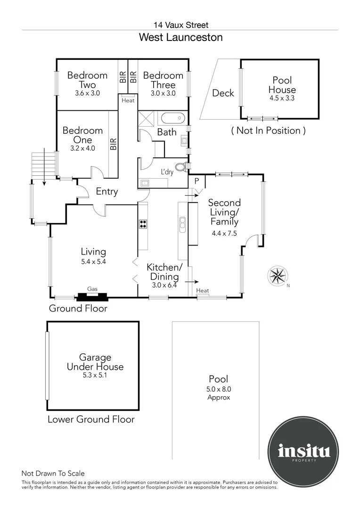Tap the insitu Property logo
click(x=304, y=451)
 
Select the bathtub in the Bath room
click(x=172, y=118)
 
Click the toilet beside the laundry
click(x=184, y=166)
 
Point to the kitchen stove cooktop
click(x=143, y=224)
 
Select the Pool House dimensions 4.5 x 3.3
click(x=282, y=98)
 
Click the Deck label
click(x=223, y=93)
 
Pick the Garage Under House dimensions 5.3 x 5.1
click(x=95, y=375)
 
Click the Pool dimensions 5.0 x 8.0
click(x=219, y=389)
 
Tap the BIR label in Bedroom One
click(x=113, y=144)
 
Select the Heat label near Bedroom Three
click(x=128, y=101)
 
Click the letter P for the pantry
click(x=196, y=181)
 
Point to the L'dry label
click(x=167, y=172)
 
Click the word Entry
click(x=107, y=191)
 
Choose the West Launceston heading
click(x=181, y=37)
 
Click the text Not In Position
click(x=269, y=131)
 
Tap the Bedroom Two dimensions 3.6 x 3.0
click(x=87, y=93)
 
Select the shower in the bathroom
click(x=147, y=118)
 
